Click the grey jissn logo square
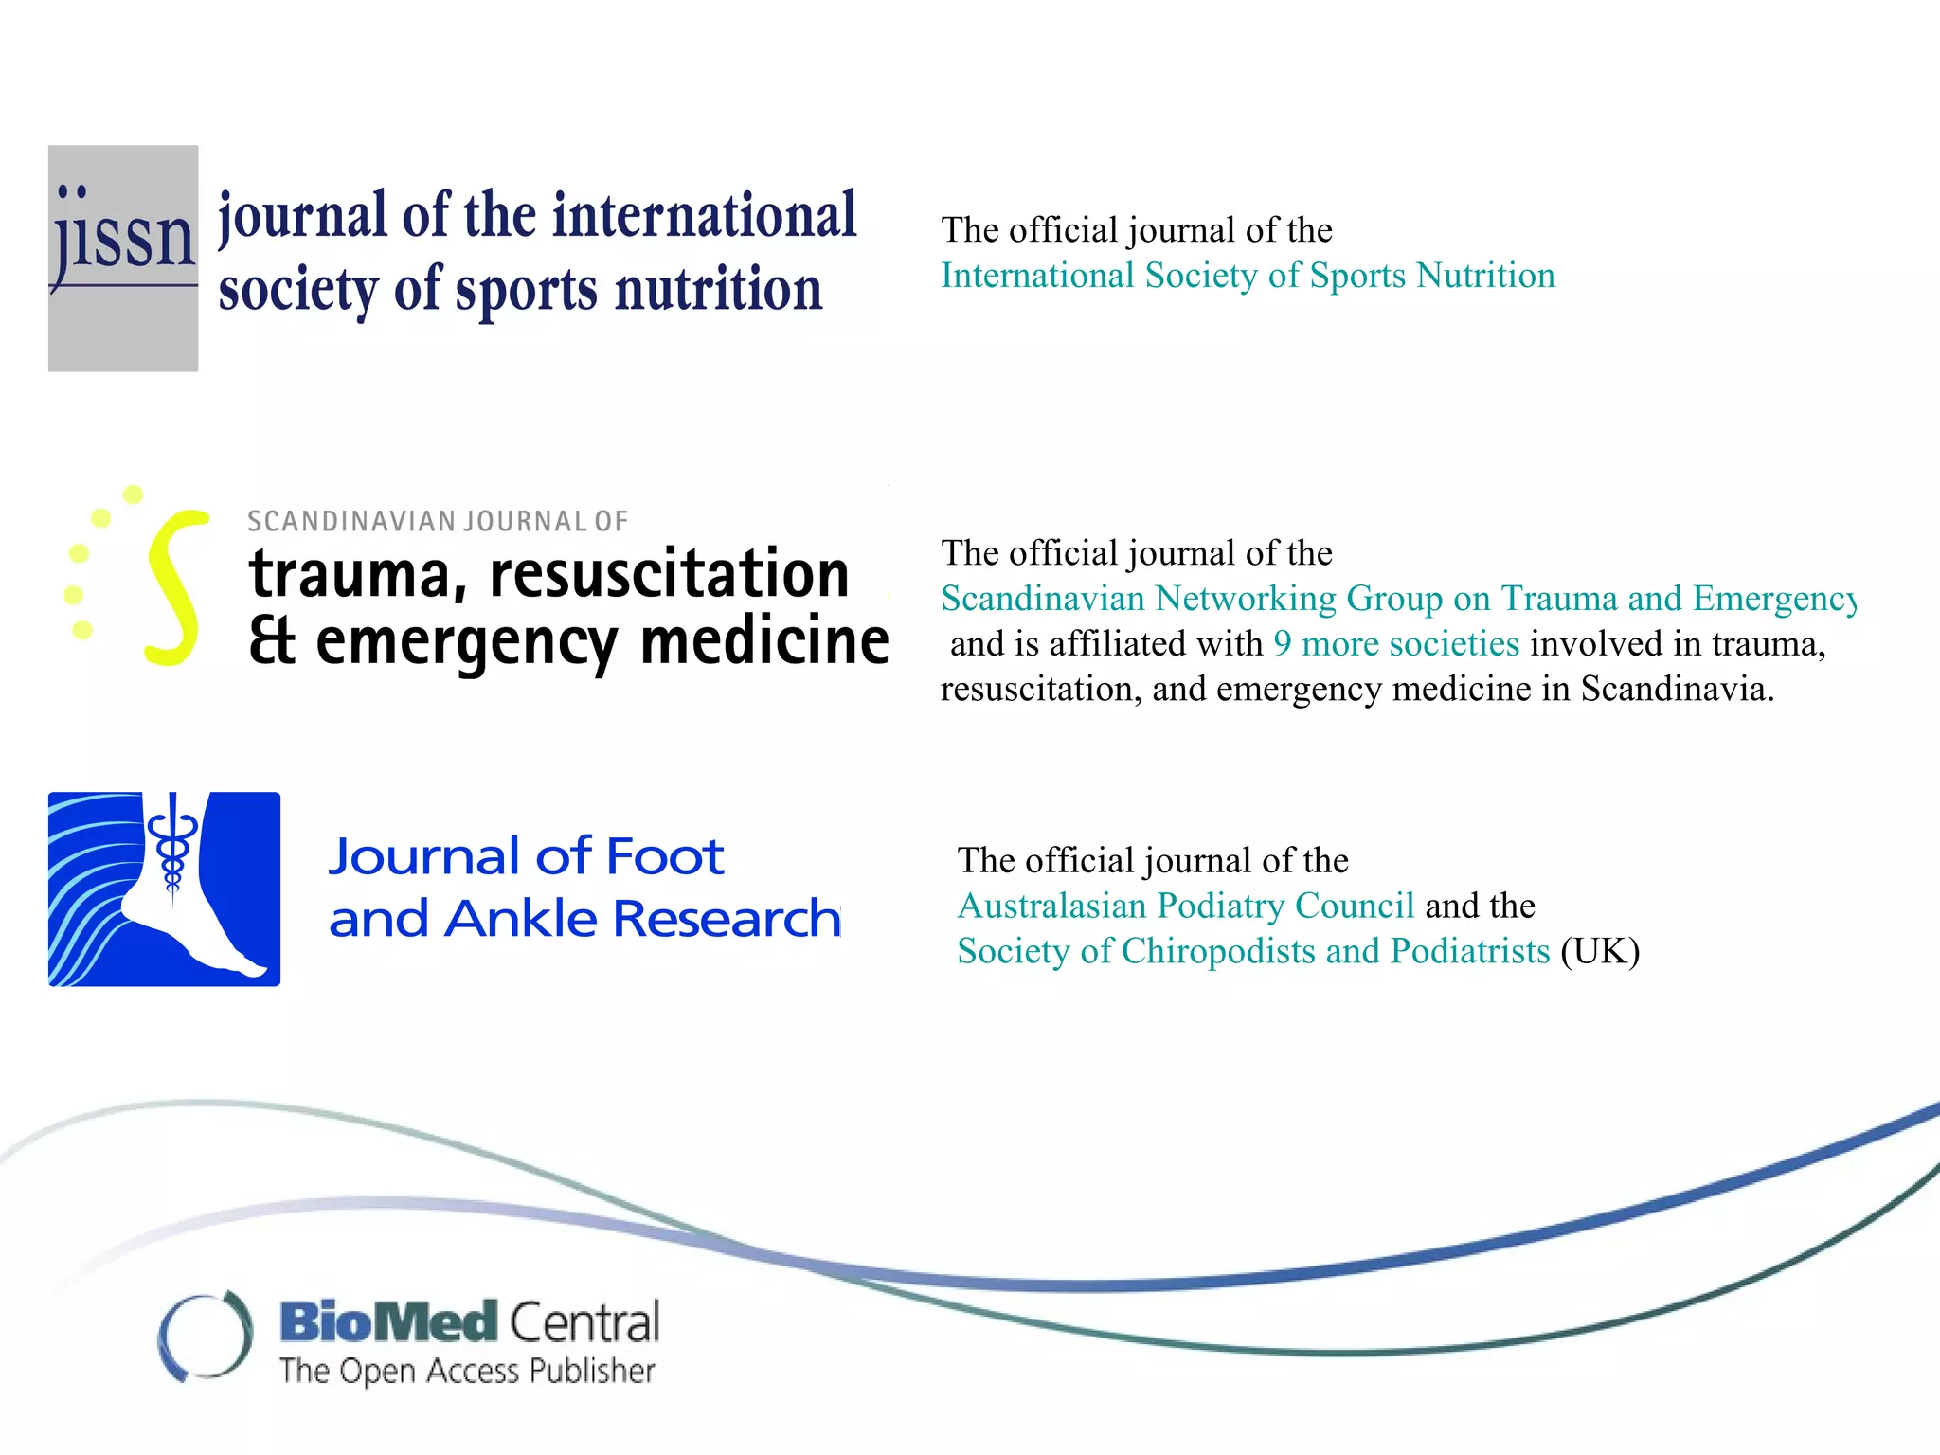(123, 258)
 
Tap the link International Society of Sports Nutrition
(1248, 276)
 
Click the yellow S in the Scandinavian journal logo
(176, 587)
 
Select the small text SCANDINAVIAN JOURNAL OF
(437, 521)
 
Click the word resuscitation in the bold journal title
(669, 574)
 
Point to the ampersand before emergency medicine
(272, 641)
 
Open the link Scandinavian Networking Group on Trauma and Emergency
(1397, 599)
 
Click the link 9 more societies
(1396, 644)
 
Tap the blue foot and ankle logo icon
(164, 889)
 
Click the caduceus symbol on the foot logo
(172, 843)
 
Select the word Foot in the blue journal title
(665, 856)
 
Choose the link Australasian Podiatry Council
(1186, 906)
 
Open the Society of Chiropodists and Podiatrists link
(1253, 951)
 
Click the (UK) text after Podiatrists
(1600, 951)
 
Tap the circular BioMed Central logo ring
(206, 1336)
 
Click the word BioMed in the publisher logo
(389, 1322)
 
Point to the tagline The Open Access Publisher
(467, 1371)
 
